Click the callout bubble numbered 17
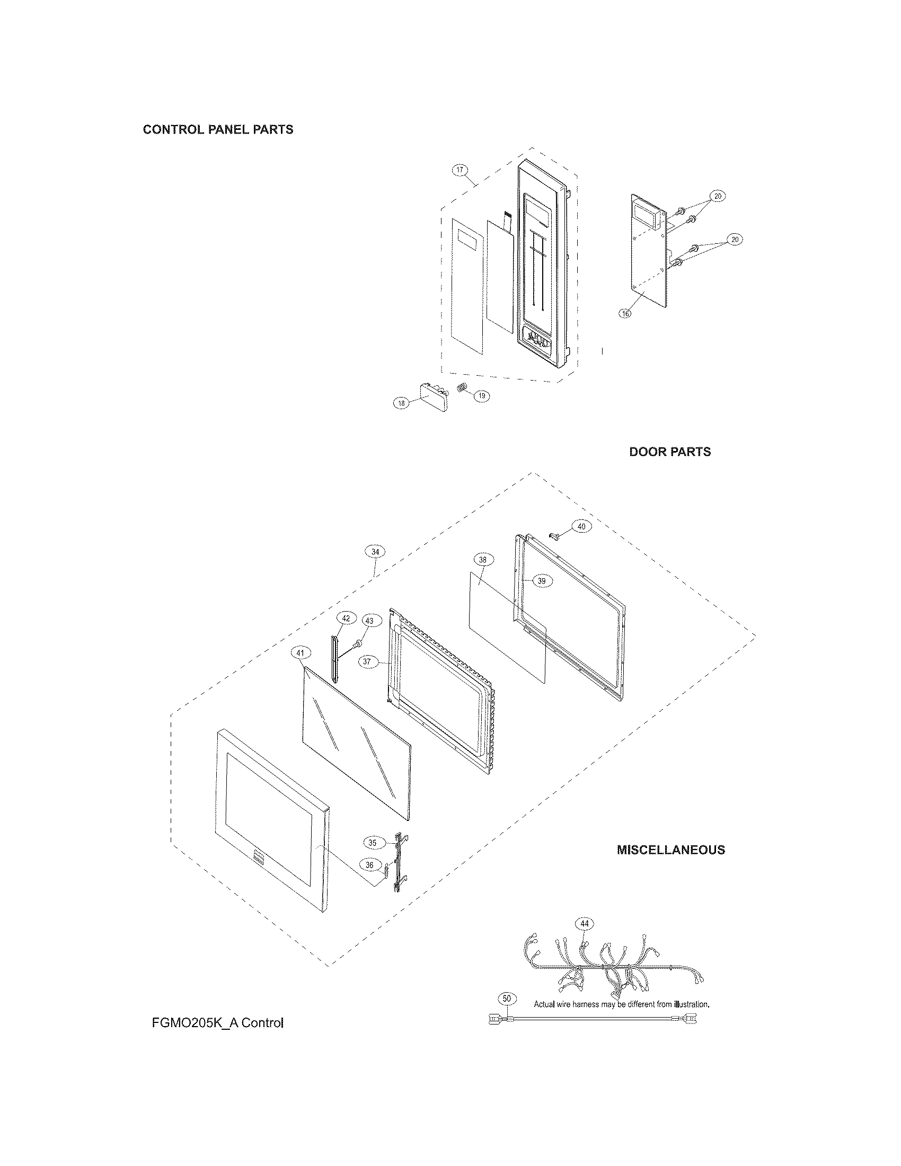[460, 171]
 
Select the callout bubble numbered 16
[624, 313]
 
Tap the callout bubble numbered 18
[401, 403]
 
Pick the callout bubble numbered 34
[375, 552]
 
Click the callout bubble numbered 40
[581, 526]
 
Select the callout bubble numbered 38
[483, 560]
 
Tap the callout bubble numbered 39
[542, 581]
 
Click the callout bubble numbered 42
[346, 618]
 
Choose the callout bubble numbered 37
[367, 661]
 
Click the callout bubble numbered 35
[373, 843]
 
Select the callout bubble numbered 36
[369, 864]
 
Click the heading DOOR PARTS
[670, 452]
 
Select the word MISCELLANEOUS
[671, 850]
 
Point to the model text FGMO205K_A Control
[218, 1023]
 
